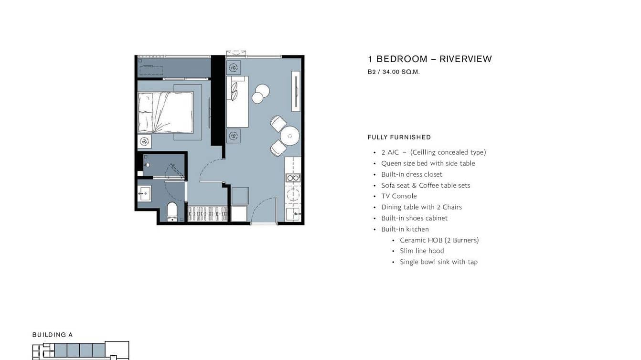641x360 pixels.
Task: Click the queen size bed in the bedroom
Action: pos(166,112)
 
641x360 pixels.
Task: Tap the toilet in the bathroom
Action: pos(172,212)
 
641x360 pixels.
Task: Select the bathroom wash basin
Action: pos(144,193)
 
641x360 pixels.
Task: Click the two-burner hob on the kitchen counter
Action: pos(293,178)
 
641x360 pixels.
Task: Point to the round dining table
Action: pos(289,136)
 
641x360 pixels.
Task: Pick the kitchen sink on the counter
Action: pos(293,214)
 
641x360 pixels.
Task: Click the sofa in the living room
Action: pos(237,102)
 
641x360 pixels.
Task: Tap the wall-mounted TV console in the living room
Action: pos(296,91)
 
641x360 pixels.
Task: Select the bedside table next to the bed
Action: pos(145,141)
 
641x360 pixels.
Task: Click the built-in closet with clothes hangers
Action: pos(207,213)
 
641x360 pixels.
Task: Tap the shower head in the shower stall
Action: pos(148,165)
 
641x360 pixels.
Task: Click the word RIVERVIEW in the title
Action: pos(466,59)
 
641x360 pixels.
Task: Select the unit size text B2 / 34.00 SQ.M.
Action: pos(394,72)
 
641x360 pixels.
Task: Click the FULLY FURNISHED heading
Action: pos(399,137)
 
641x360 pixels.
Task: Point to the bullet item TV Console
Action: pos(399,196)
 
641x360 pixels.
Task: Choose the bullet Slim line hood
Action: pos(422,251)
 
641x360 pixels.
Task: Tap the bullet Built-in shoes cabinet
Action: pos(415,218)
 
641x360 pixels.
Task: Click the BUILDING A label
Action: pos(53,335)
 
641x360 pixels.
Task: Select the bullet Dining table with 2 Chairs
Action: pos(421,207)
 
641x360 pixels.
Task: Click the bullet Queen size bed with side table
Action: pos(428,163)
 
